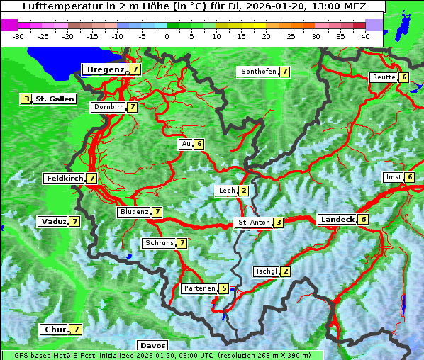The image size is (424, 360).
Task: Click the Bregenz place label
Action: pos(106,69)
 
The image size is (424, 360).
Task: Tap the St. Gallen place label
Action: pos(55,99)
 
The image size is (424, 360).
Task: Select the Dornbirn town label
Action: pos(108,107)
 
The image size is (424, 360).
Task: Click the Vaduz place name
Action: pos(54,222)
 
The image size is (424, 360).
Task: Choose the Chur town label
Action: pos(55,330)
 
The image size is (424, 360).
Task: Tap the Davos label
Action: pos(152,345)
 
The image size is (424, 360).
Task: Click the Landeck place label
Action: pos(337,220)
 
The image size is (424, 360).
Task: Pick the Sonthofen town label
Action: pos(259,72)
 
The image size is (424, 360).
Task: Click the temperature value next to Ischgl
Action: pos(285,271)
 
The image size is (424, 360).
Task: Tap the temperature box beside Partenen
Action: pos(223,288)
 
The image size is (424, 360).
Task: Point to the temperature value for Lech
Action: pos(243,191)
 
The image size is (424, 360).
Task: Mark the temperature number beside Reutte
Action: pos(404,77)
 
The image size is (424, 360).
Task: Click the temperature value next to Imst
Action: pos(409,177)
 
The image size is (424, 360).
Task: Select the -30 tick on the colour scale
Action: pos(18,35)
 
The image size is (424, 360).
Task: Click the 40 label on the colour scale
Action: pos(365,35)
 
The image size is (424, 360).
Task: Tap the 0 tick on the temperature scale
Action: pos(167,35)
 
